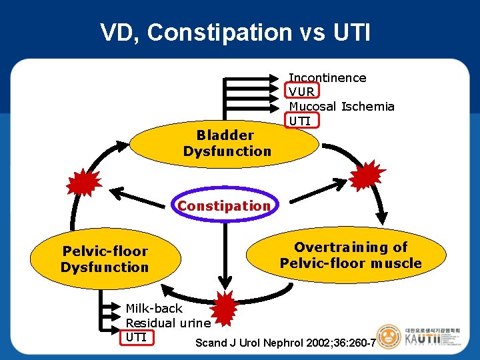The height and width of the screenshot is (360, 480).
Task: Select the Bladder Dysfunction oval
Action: pos(227,143)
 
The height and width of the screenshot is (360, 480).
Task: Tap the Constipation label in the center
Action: pos(224,205)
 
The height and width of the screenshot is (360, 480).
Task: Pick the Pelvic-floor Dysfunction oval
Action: pos(105,259)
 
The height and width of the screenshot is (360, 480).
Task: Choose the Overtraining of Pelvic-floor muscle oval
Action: pos(351,255)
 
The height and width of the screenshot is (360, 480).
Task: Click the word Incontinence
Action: pos(327,78)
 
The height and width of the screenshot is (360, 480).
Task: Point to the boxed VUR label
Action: pos(303,91)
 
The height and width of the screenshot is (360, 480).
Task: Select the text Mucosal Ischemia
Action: pos(341,106)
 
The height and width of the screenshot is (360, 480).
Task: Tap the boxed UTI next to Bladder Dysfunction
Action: pos(301,120)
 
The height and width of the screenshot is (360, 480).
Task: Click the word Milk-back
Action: pos(154,309)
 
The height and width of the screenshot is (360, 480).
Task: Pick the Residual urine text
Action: pos(168,323)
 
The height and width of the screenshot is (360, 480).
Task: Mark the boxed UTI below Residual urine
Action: pos(137,337)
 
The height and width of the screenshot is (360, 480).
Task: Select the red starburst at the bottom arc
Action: pos(225,305)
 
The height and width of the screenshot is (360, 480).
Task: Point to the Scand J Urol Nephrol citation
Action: pos(285,343)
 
